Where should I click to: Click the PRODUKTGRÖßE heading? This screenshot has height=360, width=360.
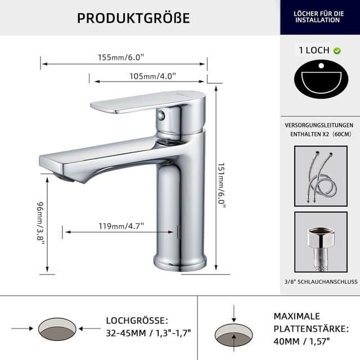click(133, 18)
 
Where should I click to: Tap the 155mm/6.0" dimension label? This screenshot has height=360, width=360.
click(121, 57)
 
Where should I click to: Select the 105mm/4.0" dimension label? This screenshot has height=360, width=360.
click(152, 76)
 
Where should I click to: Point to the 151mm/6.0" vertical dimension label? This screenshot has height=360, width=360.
click(221, 186)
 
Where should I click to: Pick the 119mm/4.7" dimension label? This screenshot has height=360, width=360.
click(121, 226)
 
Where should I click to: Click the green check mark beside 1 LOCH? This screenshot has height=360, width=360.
click(337, 51)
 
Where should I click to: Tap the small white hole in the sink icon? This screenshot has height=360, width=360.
click(321, 66)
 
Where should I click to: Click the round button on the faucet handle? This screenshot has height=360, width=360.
click(161, 115)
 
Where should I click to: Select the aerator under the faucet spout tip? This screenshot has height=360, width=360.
click(64, 178)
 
